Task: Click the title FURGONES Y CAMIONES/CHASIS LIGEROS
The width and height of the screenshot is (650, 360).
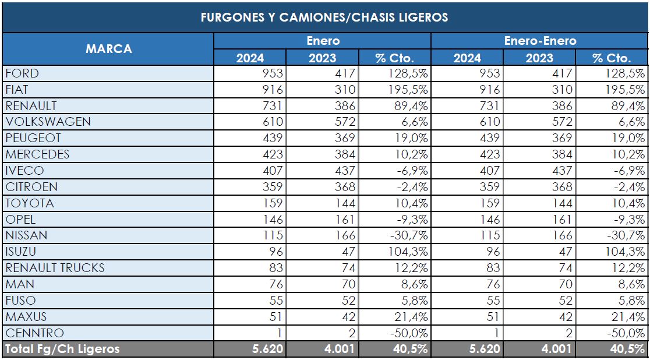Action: click(324, 17)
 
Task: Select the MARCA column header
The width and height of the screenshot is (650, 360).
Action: click(108, 49)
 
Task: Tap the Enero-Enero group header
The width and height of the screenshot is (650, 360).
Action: click(540, 41)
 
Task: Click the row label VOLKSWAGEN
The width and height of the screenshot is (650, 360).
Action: click(48, 122)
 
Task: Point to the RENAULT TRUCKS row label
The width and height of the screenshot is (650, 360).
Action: click(55, 268)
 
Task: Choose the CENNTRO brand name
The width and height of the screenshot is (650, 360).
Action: click(34, 333)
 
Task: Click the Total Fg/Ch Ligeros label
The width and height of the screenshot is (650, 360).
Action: click(62, 350)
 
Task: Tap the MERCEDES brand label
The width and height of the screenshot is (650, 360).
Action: click(37, 154)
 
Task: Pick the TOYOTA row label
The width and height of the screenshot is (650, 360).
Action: click(29, 203)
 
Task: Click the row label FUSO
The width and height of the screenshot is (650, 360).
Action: click(20, 301)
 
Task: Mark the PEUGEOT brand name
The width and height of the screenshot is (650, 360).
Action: click(33, 139)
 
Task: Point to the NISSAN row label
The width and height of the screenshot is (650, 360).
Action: click(26, 235)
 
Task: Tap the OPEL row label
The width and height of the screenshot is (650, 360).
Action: click(20, 220)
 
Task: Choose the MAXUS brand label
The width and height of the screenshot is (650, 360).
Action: click(26, 317)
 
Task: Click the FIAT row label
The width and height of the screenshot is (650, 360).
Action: click(17, 90)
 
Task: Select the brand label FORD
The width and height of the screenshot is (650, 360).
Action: click(22, 73)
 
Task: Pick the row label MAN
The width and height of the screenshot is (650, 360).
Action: click(19, 284)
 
